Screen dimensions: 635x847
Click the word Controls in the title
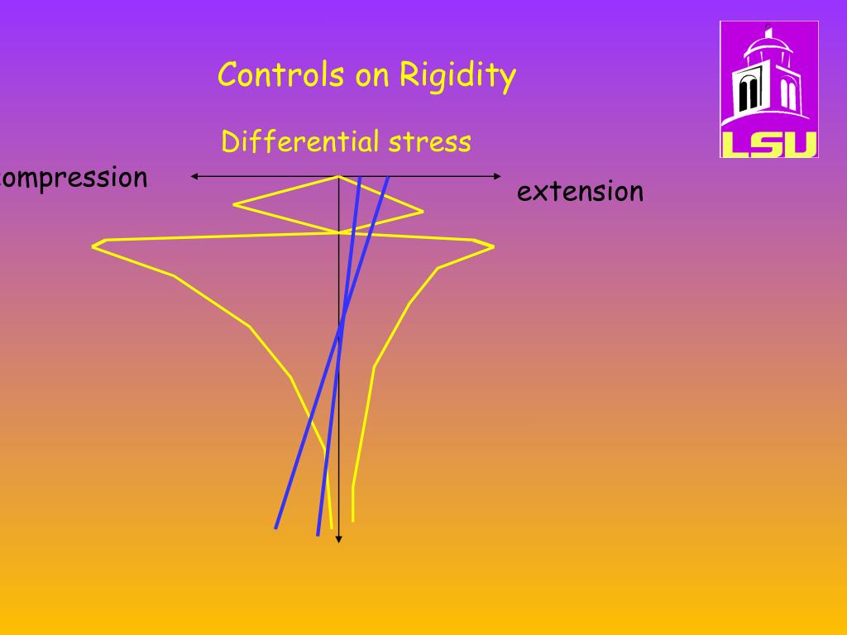click(281, 75)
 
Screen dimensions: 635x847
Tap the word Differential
click(299, 142)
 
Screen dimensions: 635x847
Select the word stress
click(431, 142)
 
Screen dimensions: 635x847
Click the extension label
click(580, 192)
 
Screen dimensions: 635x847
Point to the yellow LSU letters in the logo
click(769, 143)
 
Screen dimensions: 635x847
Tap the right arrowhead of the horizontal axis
click(498, 176)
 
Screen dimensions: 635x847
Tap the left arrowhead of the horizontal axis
click(194, 176)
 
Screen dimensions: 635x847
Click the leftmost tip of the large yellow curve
click(93, 245)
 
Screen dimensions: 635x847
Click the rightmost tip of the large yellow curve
click(493, 246)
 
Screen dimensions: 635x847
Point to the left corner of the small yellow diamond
click(235, 203)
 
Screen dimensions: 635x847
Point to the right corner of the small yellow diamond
click(423, 211)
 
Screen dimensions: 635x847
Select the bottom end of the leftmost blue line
click(276, 527)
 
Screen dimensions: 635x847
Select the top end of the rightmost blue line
click(388, 177)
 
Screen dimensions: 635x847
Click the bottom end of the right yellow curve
click(353, 520)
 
